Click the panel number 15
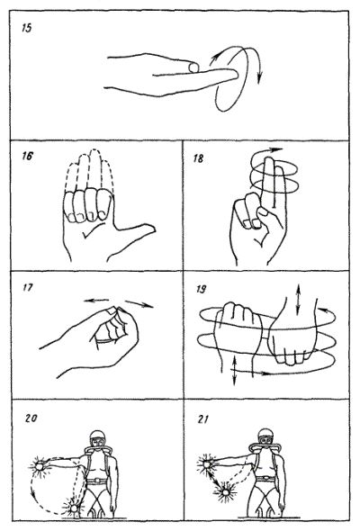[27, 28]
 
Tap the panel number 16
[27, 156]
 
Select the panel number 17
[28, 287]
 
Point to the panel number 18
[199, 158]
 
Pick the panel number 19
[202, 289]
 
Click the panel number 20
[31, 418]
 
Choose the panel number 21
[202, 419]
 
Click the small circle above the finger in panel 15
[193, 67]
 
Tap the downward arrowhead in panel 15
[259, 77]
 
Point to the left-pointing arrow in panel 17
[96, 300]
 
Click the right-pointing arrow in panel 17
[139, 304]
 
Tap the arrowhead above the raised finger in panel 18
[278, 149]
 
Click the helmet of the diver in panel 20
[97, 436]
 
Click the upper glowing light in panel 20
[40, 467]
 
